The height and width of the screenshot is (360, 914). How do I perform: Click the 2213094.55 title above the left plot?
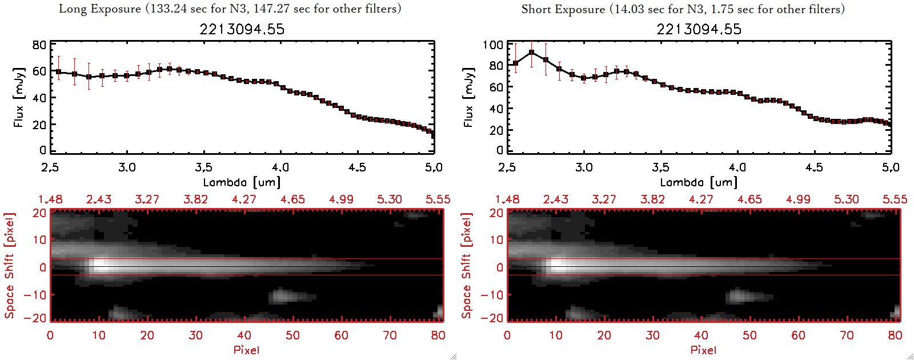(242, 29)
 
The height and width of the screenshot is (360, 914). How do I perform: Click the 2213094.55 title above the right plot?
(699, 29)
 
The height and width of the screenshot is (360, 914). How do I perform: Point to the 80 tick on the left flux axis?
(39, 45)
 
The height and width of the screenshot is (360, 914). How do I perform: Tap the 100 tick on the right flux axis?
(493, 45)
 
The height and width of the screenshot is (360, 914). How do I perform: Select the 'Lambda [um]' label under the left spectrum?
(242, 182)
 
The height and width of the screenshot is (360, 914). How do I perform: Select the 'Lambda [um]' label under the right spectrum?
(699, 182)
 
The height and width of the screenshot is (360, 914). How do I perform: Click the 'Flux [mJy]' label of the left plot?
(19, 97)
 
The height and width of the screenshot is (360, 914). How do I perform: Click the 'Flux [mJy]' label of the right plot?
(468, 97)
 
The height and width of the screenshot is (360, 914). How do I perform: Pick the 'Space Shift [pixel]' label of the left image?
(9, 265)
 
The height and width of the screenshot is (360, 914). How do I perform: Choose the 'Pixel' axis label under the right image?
(703, 350)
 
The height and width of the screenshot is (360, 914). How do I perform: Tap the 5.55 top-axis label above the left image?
(438, 199)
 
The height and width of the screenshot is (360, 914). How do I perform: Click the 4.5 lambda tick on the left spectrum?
(357, 167)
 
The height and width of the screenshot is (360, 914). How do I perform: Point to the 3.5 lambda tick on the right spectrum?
(660, 167)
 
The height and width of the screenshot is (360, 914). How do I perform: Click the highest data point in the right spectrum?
(532, 53)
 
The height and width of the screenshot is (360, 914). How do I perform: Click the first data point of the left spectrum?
(58, 72)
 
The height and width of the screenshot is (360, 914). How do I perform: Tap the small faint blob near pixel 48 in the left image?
(284, 296)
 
